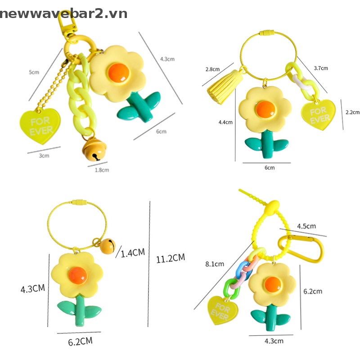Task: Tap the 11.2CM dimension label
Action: click(171, 258)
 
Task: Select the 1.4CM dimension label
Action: click(133, 252)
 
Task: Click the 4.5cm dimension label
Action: click(306, 225)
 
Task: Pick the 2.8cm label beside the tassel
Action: click(212, 69)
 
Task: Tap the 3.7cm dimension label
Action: click(320, 68)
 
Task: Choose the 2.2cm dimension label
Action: click(352, 112)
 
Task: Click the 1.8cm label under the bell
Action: click(102, 170)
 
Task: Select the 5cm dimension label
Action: click(34, 72)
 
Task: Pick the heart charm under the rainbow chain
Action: click(222, 310)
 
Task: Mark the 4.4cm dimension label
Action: click(225, 122)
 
